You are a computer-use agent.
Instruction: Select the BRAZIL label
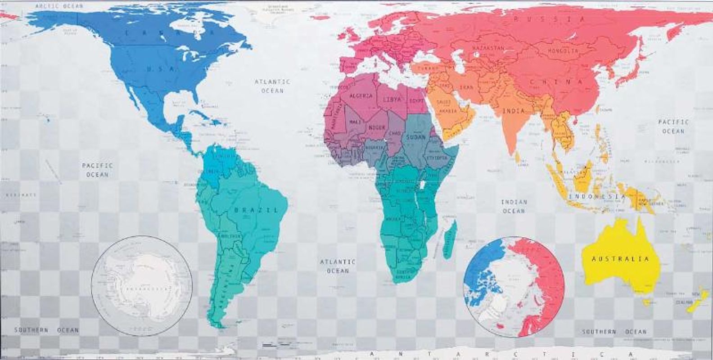coord(256,210)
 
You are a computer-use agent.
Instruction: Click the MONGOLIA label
coord(563,51)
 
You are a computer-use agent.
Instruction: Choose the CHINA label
coord(556,82)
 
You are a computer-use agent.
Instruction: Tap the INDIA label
coord(514,111)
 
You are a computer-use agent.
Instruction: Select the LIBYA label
coord(392,99)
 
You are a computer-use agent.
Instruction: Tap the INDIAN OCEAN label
coord(514,207)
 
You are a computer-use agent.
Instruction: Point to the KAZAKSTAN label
coord(488,47)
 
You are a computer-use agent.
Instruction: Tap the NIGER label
coord(377,128)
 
